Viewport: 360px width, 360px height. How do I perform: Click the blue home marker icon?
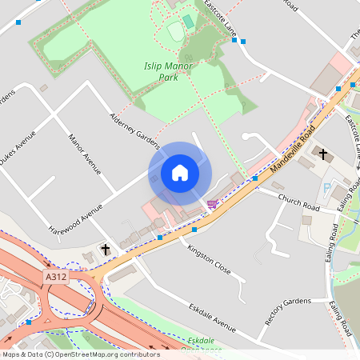point(180,173)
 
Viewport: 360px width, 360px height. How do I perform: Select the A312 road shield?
point(55,275)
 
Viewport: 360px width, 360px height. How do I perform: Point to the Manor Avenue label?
point(84,154)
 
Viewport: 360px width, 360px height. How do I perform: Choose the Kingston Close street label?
point(209,260)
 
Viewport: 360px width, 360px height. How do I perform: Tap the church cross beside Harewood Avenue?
point(105,250)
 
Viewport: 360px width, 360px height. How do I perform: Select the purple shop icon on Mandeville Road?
point(212,204)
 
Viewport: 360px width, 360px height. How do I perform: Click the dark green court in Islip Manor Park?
point(187,21)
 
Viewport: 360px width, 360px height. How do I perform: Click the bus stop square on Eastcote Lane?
point(243,41)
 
